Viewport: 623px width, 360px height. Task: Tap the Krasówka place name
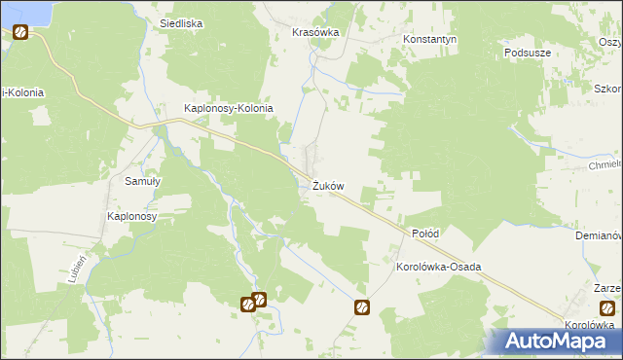pos(315,32)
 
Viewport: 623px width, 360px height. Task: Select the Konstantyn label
pos(430,40)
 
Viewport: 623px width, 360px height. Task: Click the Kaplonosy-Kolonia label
pos(229,109)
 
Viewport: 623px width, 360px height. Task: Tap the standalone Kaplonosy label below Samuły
pos(132,216)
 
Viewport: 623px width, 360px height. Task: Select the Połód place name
pos(425,234)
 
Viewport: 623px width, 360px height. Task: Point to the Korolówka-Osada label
pos(439,267)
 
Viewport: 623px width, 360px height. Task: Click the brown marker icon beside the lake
pos(20,32)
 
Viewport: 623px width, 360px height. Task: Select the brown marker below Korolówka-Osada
pos(362,307)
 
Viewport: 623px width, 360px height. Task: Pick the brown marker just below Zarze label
pos(607,307)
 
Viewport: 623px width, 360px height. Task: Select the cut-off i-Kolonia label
pos(22,93)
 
